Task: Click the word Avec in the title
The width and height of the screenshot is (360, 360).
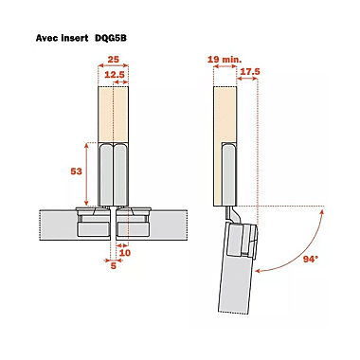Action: pos(46,38)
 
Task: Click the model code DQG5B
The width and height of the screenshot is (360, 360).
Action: pos(111,38)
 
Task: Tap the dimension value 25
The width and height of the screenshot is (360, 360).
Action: pos(113,59)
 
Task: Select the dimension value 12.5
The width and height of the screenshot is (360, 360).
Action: pos(115,75)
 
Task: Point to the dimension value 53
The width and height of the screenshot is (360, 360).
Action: pos(76,171)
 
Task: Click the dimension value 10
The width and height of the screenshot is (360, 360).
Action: pos(125,253)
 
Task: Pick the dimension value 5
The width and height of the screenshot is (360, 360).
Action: pos(114,266)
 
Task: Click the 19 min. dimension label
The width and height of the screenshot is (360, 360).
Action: pos(225,59)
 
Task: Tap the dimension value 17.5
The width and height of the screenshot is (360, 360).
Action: pos(250,72)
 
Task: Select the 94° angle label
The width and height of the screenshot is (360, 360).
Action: pos(311,260)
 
